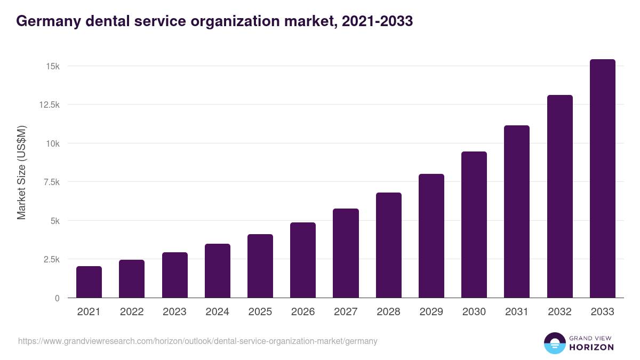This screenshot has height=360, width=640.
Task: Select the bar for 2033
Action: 602,179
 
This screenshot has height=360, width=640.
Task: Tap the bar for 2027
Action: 346,253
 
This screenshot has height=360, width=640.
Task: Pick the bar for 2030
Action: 474,225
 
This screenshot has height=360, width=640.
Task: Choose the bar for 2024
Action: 217,270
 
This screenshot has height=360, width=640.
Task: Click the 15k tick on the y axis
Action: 52,66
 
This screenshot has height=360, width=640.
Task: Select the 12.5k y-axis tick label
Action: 49,105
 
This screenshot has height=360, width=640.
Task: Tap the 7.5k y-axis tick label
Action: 51,182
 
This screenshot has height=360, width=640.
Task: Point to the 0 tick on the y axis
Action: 57,298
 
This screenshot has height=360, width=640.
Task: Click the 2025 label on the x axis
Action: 260,312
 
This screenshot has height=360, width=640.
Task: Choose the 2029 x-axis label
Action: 431,312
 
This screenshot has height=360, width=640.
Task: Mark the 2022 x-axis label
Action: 132,312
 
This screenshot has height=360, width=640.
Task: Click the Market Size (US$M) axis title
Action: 21,173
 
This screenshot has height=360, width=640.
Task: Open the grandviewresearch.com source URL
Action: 198,341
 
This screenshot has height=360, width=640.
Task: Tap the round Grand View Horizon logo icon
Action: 554,343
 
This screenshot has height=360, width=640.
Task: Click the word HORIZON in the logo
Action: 591,347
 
